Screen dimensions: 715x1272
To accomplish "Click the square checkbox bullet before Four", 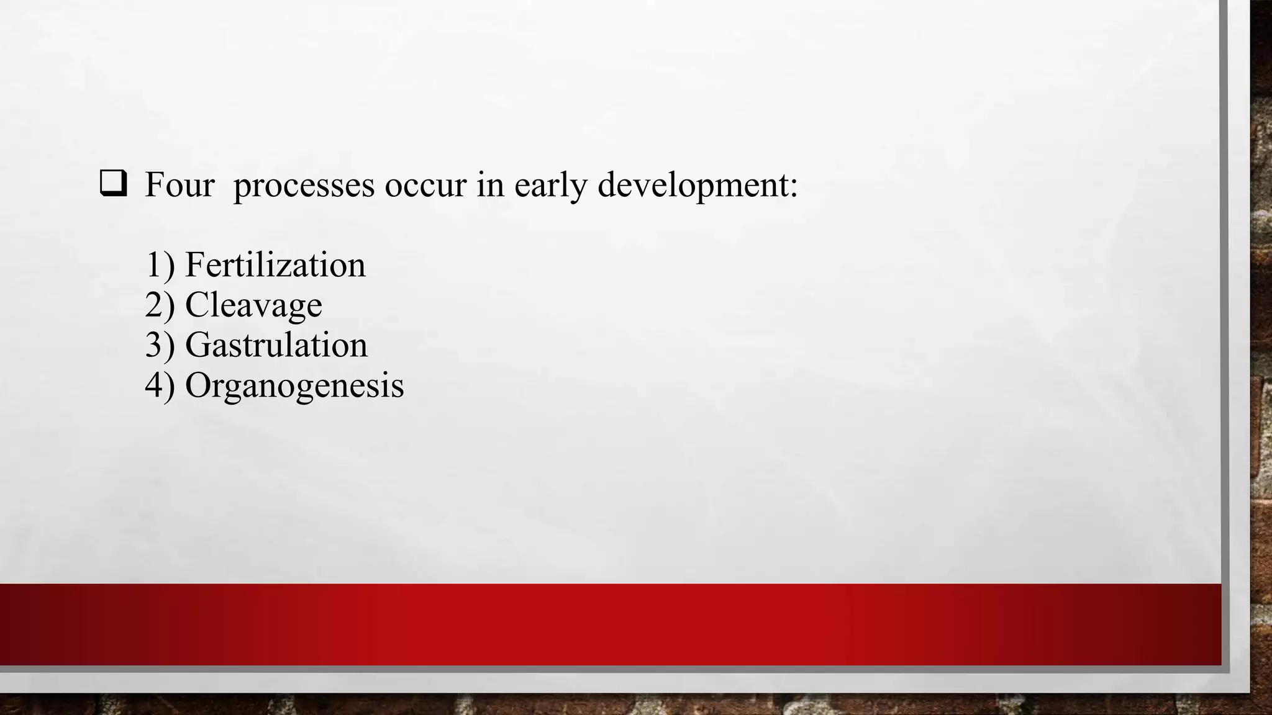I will [x=113, y=185].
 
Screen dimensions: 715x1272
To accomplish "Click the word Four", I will [x=179, y=185].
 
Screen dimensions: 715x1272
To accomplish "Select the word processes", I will [x=304, y=186].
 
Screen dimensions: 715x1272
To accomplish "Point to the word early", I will [x=550, y=186].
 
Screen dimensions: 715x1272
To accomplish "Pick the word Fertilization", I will [x=275, y=266].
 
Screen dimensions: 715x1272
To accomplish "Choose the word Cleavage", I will [x=253, y=305].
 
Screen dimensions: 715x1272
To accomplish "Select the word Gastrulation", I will [x=276, y=345].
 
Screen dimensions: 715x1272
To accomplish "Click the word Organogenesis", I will [x=294, y=386].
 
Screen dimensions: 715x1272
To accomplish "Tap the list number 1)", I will [x=160, y=266].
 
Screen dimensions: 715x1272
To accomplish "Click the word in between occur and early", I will [x=490, y=185].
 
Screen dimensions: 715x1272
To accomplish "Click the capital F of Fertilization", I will [x=195, y=265].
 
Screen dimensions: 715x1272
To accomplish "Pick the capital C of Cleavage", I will [x=197, y=305].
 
